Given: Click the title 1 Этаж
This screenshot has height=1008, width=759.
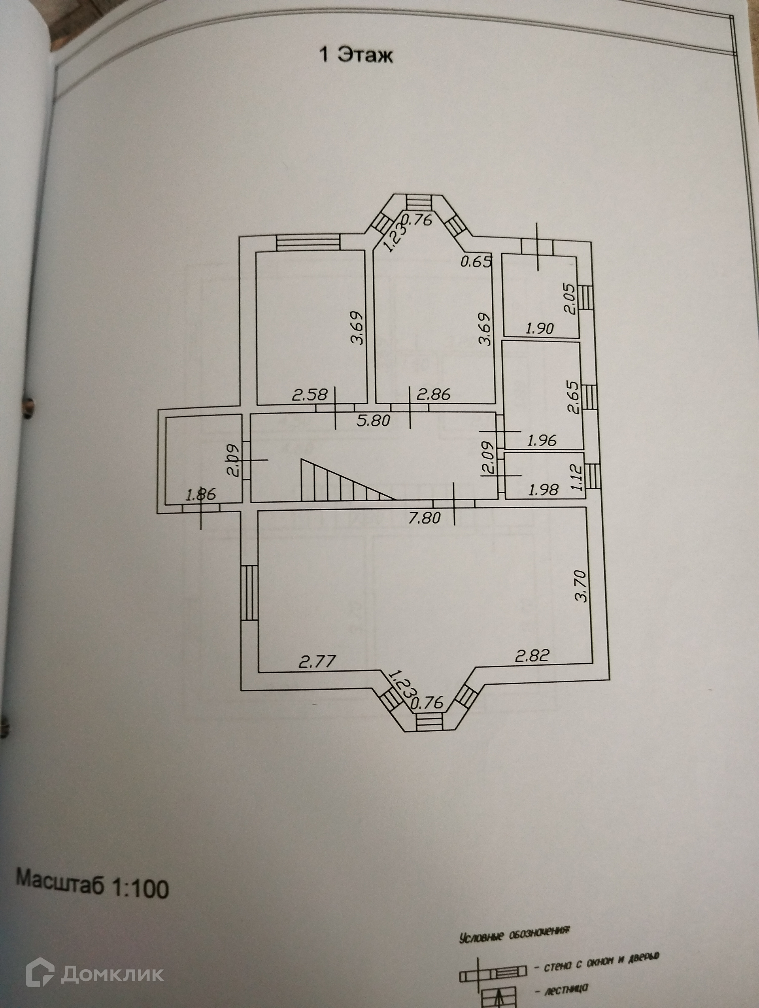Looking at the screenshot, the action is click(x=355, y=56).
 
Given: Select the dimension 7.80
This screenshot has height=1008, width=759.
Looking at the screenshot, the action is click(x=424, y=518).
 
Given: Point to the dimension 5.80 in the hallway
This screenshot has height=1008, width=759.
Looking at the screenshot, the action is click(x=374, y=420).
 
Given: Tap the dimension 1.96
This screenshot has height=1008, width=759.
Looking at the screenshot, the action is click(x=542, y=440).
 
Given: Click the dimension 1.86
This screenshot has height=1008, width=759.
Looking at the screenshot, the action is click(x=201, y=495).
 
